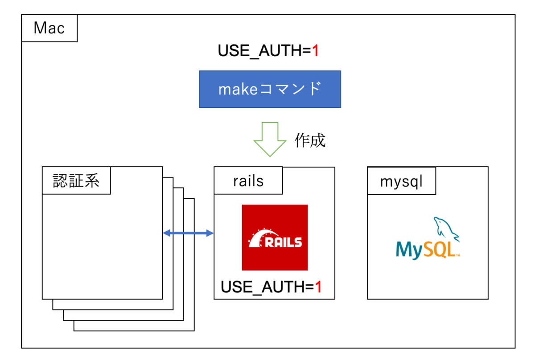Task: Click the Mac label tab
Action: (x=49, y=29)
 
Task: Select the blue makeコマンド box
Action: (x=270, y=89)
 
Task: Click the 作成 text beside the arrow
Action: (x=310, y=140)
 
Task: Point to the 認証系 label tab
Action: (x=76, y=181)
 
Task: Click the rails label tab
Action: (x=248, y=181)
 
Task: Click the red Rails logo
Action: (x=275, y=237)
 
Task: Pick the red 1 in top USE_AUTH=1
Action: (x=315, y=51)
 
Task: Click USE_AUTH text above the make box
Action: (x=259, y=51)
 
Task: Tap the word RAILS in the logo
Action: (x=284, y=242)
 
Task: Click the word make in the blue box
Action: (x=236, y=90)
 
